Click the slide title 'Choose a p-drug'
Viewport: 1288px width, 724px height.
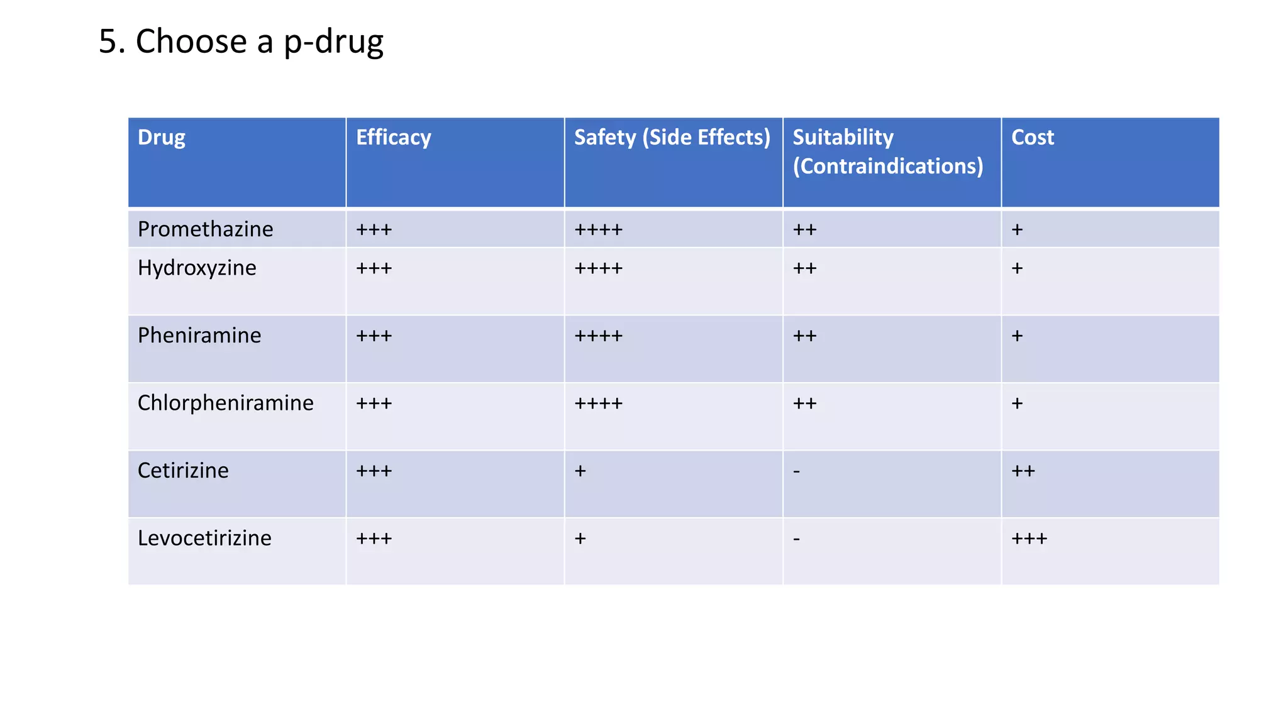tap(241, 42)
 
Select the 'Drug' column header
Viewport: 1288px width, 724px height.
tap(162, 138)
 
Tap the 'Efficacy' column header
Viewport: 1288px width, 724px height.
tap(394, 138)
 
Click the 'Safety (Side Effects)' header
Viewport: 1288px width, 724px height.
tap(672, 138)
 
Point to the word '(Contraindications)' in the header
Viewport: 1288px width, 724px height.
tap(887, 167)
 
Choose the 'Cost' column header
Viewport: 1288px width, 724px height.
tap(1032, 138)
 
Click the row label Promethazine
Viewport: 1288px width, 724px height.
tap(205, 229)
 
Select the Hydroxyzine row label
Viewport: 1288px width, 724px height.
tap(197, 268)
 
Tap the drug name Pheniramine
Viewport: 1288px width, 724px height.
tap(199, 336)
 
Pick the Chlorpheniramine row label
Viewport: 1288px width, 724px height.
tap(225, 403)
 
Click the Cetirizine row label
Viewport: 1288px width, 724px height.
tap(183, 471)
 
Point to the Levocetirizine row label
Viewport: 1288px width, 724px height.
tap(204, 538)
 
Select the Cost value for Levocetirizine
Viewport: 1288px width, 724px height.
tap(1029, 539)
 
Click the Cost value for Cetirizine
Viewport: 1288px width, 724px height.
tap(1023, 471)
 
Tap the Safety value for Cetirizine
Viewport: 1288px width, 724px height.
tap(580, 471)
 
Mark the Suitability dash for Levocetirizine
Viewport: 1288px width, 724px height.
tap(797, 539)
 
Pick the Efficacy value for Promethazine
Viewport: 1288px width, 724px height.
tap(374, 230)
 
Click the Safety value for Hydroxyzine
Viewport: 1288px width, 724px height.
tap(598, 269)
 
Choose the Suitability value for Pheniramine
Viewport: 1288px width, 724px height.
tap(804, 336)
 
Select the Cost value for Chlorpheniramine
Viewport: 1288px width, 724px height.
tap(1017, 403)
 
